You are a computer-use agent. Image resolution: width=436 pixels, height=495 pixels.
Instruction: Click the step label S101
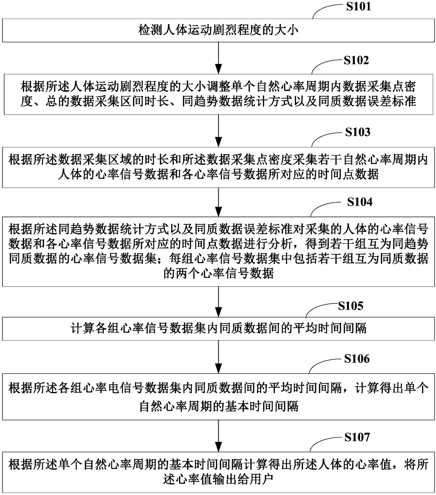[358, 7]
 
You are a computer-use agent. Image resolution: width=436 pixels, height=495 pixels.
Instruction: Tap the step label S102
[356, 60]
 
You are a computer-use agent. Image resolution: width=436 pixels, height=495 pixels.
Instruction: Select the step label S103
[358, 132]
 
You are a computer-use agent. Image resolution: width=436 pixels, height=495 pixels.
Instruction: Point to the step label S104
[359, 202]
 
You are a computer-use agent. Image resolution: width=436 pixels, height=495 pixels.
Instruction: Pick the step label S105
[351, 306]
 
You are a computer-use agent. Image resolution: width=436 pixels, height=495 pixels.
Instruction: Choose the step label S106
[357, 359]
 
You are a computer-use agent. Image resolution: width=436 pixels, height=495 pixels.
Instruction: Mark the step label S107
[357, 437]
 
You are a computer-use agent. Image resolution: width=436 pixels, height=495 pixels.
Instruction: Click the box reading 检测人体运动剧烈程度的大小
[218, 30]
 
